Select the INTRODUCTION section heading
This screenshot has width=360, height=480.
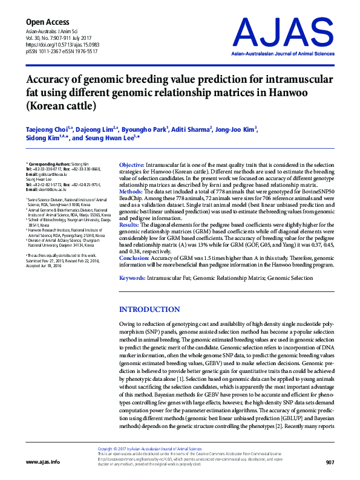click(149, 310)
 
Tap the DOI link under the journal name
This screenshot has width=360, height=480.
click(58, 46)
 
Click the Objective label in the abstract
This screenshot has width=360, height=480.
click(131, 165)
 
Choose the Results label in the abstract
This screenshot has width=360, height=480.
click(131, 224)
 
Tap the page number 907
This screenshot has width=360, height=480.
click(330, 462)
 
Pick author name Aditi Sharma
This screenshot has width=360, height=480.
click(192, 129)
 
